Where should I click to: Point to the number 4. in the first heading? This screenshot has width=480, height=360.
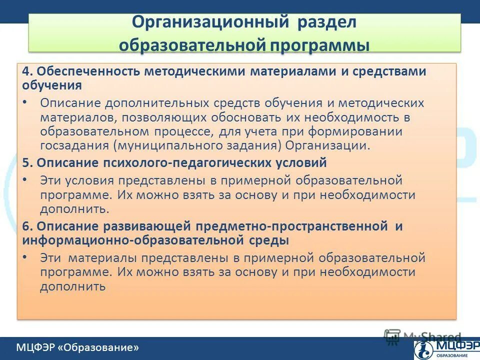[x=27, y=71]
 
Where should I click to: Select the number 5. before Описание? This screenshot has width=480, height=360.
[x=27, y=162]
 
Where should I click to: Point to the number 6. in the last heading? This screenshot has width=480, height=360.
[x=27, y=226]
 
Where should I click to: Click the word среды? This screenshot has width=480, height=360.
[x=269, y=240]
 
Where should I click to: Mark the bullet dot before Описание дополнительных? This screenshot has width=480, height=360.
[x=25, y=102]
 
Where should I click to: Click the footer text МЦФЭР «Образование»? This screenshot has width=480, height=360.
[x=77, y=347]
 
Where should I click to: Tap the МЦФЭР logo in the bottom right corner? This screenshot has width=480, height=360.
[x=444, y=348]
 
